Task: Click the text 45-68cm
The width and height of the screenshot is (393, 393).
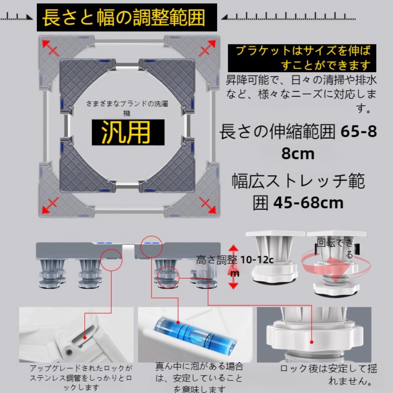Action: [x=309, y=203]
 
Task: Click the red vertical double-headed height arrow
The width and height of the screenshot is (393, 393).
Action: [x=233, y=267]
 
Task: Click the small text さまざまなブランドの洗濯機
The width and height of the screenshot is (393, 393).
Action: [x=127, y=108]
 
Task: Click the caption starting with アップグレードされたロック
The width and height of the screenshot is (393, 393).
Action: [x=80, y=378]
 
